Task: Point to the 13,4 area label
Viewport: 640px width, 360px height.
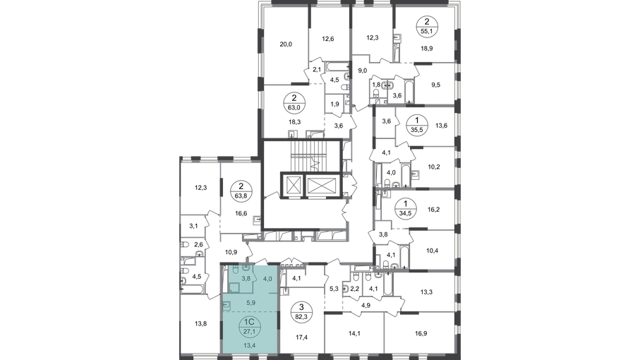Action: click(250, 347)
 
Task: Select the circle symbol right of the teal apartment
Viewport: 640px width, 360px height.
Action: click(303, 311)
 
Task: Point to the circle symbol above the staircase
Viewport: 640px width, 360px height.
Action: click(293, 104)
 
